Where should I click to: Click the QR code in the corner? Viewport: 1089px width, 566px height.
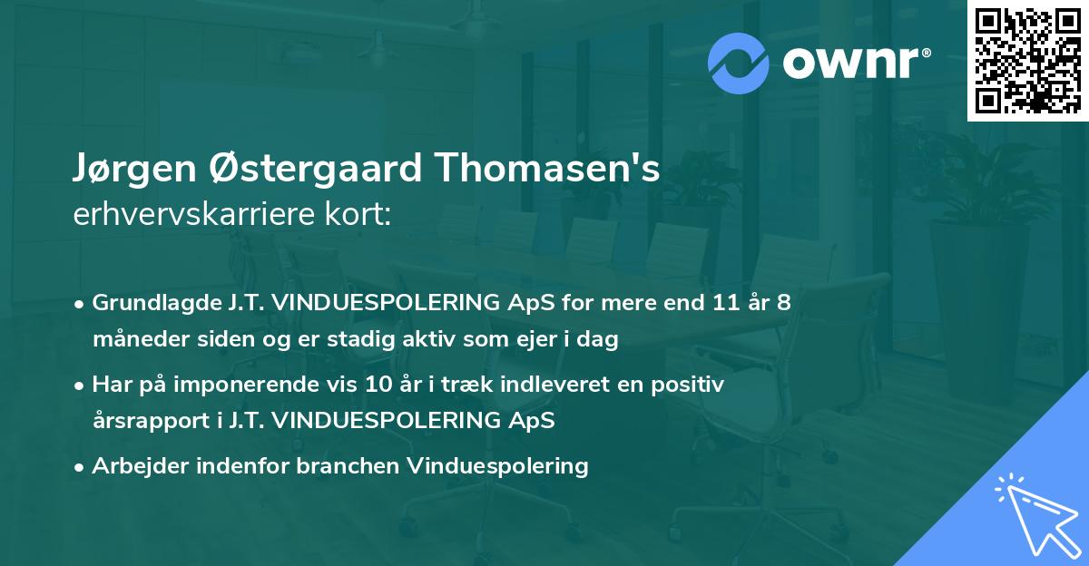[1028, 60]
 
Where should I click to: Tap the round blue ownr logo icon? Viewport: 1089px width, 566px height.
[739, 63]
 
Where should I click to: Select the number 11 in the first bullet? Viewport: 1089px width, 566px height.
[722, 303]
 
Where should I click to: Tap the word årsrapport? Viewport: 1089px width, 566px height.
[146, 421]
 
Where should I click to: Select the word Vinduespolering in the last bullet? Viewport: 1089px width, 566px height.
[498, 466]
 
